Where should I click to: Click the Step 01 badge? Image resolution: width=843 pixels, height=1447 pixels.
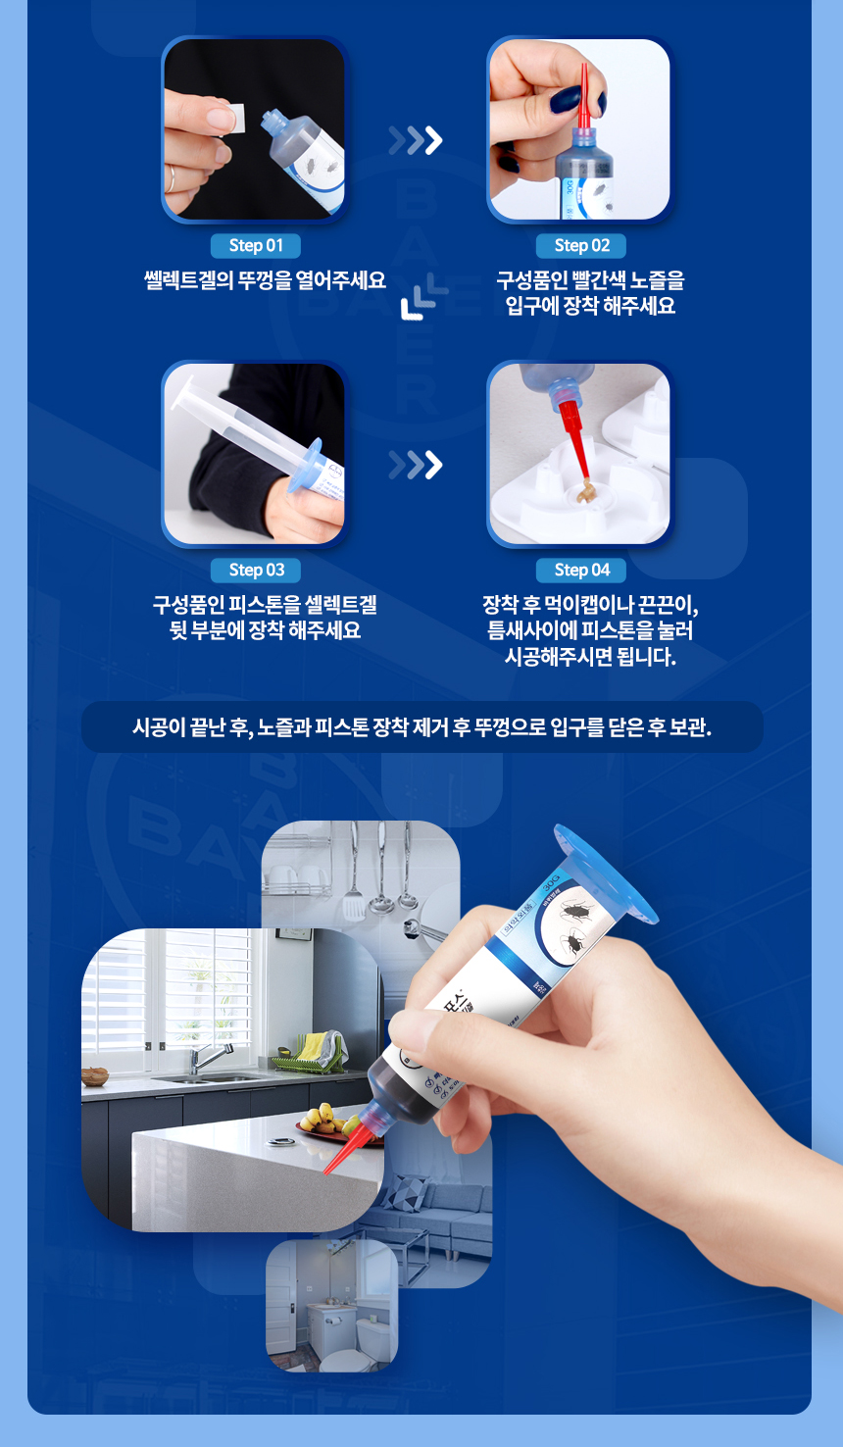[x=255, y=245]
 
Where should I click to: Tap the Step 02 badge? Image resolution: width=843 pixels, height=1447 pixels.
[x=581, y=245]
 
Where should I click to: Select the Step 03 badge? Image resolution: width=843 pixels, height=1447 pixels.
[x=256, y=570]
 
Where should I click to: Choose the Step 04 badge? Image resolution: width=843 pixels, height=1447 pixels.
[x=581, y=570]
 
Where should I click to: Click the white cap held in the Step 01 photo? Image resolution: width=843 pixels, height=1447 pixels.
[x=224, y=119]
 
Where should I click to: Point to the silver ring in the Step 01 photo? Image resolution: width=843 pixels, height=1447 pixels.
[x=172, y=177]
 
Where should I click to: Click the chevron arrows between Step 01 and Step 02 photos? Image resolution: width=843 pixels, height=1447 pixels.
[x=416, y=141]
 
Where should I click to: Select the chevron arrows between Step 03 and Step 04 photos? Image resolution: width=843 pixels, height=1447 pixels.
[x=416, y=465]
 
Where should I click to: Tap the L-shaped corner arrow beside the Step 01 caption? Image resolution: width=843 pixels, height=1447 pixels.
[x=423, y=299]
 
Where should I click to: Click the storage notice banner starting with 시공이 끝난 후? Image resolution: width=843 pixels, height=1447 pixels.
[x=421, y=727]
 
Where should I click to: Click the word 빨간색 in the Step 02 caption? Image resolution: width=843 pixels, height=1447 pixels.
[x=599, y=280]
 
